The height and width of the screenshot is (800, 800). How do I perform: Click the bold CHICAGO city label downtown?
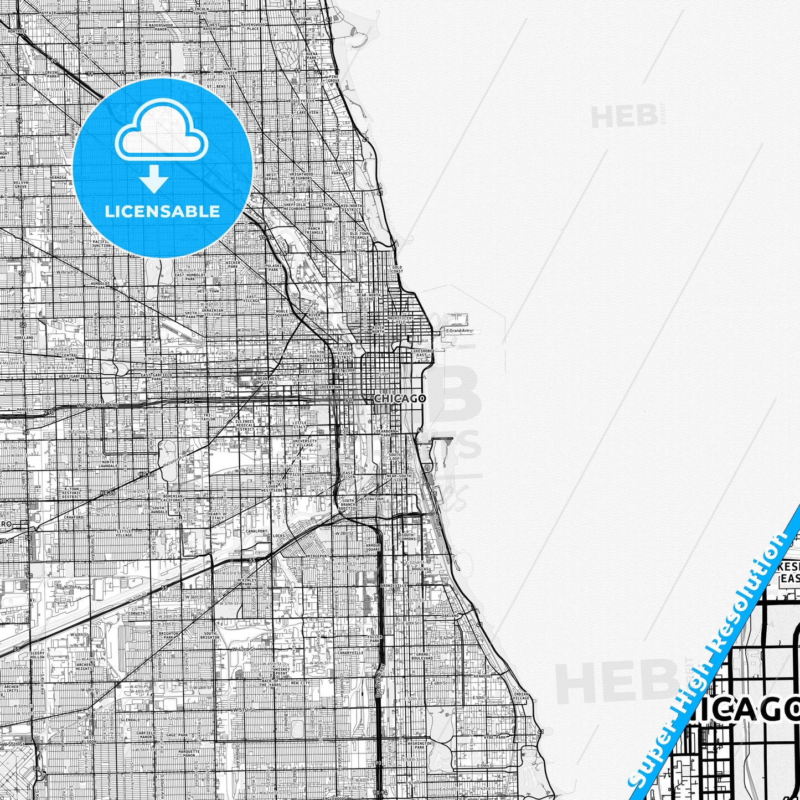tap(400, 398)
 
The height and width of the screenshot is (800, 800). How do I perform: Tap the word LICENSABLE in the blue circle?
tap(162, 211)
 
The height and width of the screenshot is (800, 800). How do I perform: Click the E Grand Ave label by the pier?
tap(458, 331)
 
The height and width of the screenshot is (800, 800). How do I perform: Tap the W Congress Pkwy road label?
tap(99, 405)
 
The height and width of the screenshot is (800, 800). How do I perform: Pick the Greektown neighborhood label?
tap(330, 388)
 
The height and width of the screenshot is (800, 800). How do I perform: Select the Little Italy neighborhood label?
tap(299, 425)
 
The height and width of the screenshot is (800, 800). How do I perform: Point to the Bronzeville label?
tap(394, 585)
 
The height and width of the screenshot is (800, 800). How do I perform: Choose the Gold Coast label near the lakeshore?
tap(396, 269)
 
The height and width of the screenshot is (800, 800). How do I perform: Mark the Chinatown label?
tap(372, 499)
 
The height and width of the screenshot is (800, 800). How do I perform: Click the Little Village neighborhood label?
tap(124, 533)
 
